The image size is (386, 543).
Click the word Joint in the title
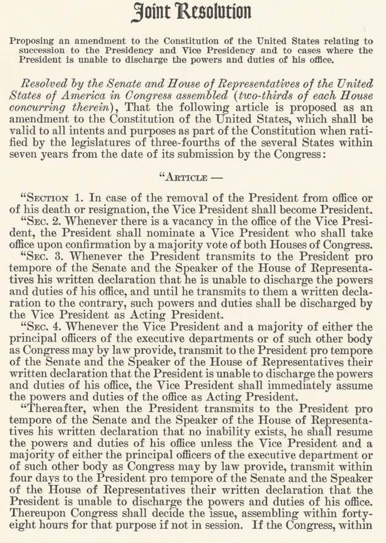151,12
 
